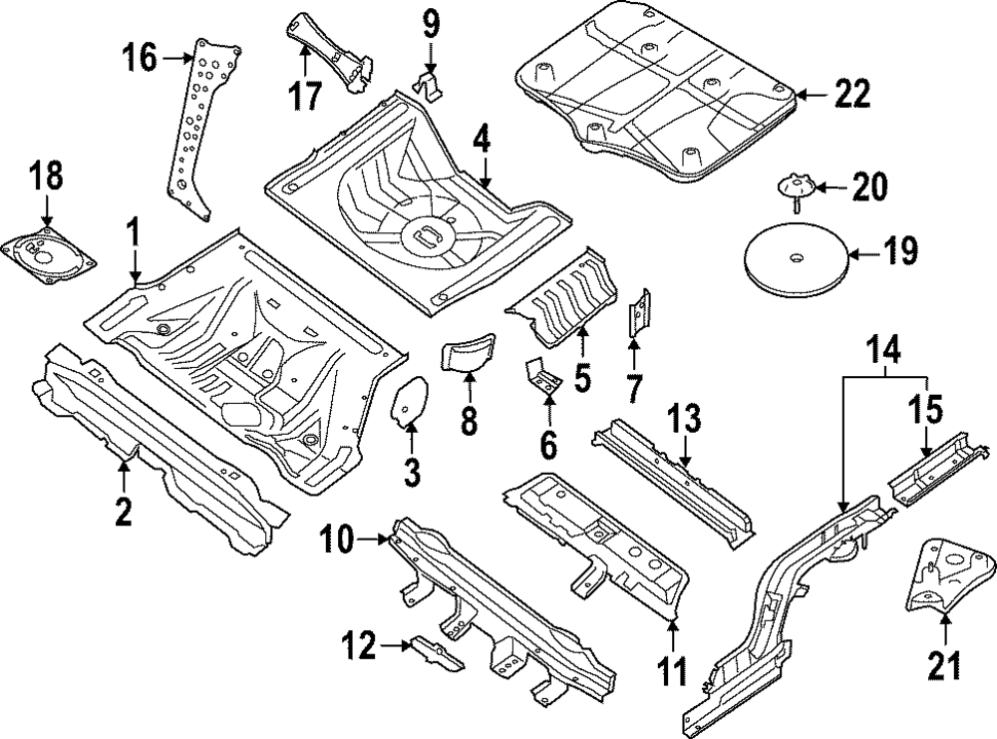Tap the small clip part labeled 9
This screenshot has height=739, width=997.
[429, 84]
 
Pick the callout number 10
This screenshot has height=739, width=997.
[341, 542]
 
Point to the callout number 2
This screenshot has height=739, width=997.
[123, 512]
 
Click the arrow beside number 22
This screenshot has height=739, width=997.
[812, 95]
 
